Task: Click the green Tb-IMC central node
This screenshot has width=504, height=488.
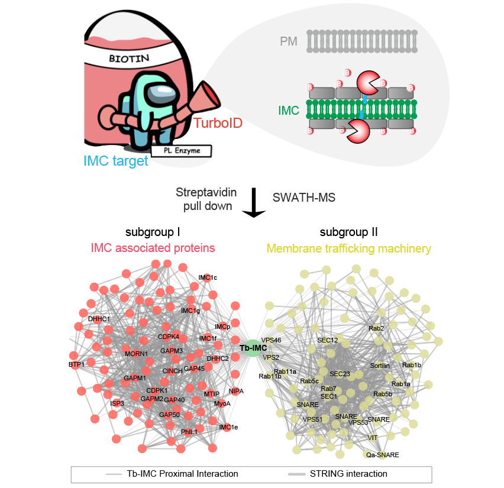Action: [253, 348]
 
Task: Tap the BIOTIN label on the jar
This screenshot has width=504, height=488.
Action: [130, 59]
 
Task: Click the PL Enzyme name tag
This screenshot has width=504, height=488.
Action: [180, 151]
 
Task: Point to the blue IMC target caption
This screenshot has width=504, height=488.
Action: [115, 160]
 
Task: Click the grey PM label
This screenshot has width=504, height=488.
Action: [289, 41]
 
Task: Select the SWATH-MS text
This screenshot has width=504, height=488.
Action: [304, 198]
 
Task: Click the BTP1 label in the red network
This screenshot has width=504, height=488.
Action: [76, 364]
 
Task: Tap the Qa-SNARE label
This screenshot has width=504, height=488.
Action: [382, 455]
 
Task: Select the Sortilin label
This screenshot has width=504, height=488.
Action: [380, 366]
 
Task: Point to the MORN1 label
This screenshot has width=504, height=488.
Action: [136, 354]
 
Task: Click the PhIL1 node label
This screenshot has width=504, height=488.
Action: [189, 432]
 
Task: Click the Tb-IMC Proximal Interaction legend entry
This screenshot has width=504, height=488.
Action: [182, 474]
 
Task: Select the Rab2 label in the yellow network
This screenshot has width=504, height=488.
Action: [376, 328]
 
